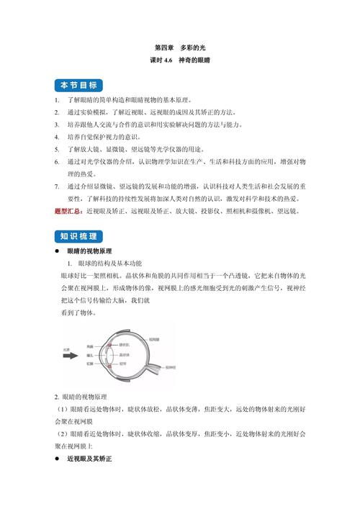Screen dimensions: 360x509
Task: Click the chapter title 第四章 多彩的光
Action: [179, 46]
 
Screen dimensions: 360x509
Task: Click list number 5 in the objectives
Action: [57, 149]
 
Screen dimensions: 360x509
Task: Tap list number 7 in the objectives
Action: [57, 186]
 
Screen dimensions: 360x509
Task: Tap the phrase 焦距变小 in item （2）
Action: [217, 434]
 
